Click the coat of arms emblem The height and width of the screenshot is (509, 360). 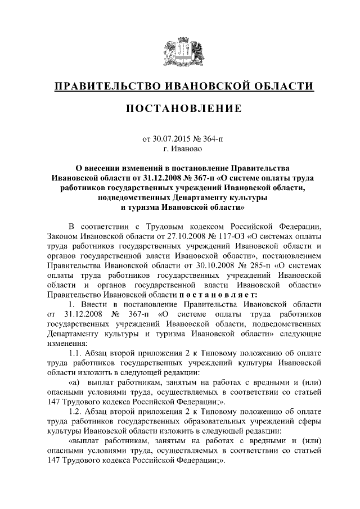[179, 51]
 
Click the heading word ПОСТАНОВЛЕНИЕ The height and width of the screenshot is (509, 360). [179, 109]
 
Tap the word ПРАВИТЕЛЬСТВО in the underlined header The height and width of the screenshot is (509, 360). [103, 86]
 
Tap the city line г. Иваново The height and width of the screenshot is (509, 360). [179, 149]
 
